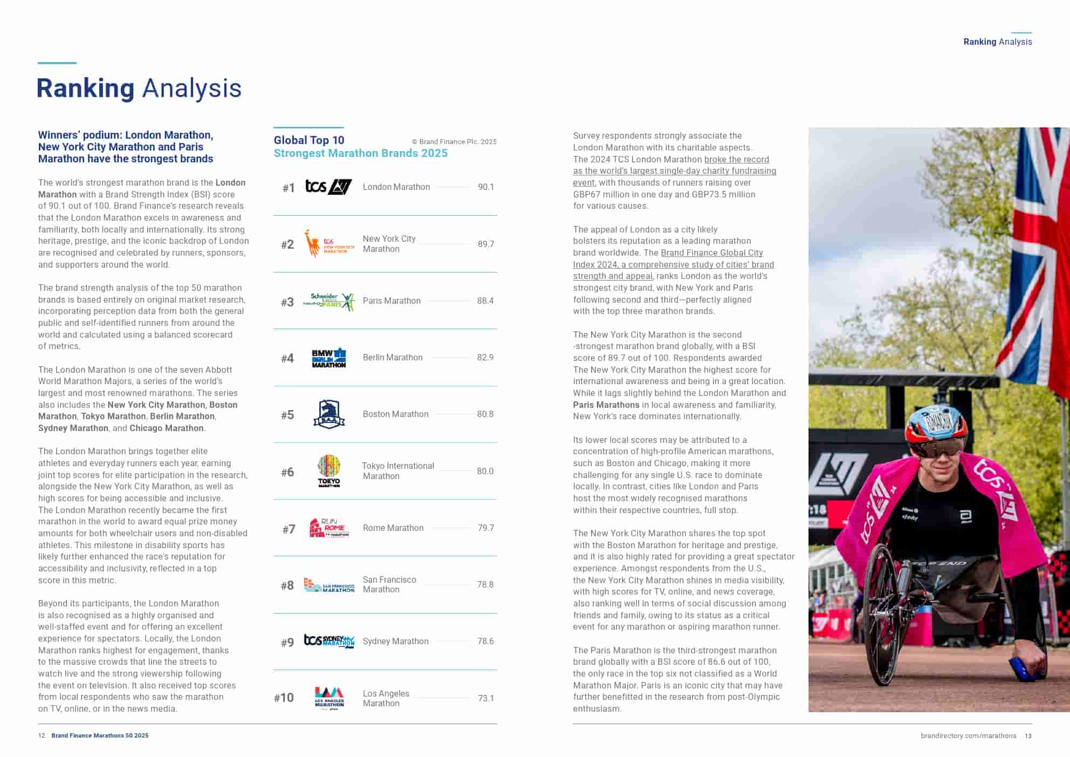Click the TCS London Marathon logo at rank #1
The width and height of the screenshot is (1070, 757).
point(328,187)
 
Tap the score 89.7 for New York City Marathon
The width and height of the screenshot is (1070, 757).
point(485,244)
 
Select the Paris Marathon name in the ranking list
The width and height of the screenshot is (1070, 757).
point(392,301)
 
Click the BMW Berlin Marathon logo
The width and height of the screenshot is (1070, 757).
point(329,358)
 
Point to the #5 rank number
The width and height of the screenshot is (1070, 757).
point(287,415)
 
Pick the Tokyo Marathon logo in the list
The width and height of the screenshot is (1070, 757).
point(329,471)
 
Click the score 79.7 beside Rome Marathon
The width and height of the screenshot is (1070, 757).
point(485,528)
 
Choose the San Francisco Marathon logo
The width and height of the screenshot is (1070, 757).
point(329,585)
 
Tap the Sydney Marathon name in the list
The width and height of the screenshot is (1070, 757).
point(395,641)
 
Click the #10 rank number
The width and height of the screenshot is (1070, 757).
point(284,698)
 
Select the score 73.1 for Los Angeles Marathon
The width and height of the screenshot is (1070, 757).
point(485,698)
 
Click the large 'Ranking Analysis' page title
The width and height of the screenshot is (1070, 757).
point(139,88)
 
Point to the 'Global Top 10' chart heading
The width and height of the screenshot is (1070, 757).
point(309,140)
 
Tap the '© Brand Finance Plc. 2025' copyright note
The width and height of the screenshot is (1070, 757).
point(454,142)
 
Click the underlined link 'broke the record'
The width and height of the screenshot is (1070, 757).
point(736,159)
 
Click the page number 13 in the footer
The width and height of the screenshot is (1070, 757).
point(1028,736)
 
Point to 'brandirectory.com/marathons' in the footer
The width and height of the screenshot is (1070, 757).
point(968,736)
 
